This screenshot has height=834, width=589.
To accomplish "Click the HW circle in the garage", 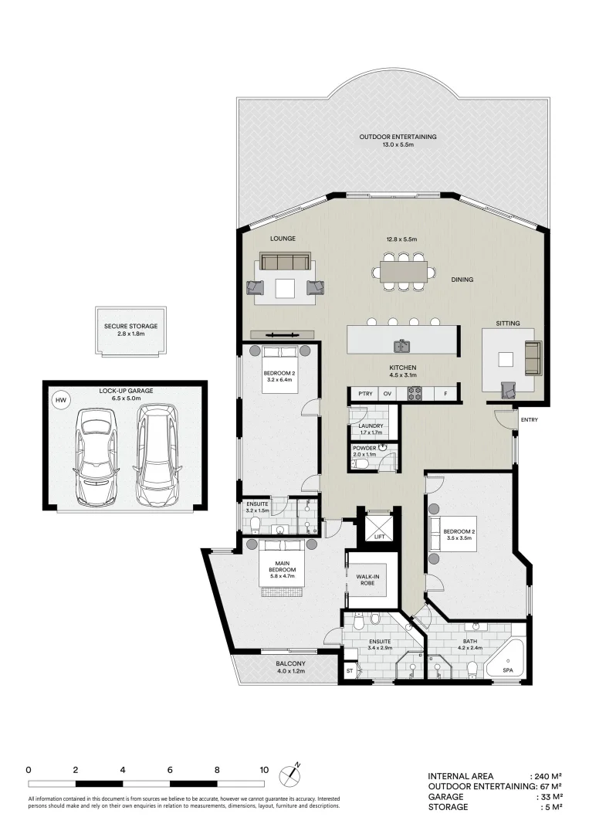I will (x=59, y=400).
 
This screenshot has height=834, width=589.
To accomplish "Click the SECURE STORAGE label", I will (x=130, y=327).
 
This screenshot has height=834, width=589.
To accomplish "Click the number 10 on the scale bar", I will (x=264, y=770).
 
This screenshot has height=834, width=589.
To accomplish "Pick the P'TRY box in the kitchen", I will (x=364, y=394).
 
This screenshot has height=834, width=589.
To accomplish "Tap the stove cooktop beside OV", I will (x=415, y=394).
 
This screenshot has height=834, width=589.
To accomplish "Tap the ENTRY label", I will (x=530, y=420).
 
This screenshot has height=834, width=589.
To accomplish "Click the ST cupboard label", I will (x=349, y=671).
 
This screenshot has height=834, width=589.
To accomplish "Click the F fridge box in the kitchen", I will (x=445, y=394).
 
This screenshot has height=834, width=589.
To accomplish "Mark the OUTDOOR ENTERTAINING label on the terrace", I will (x=398, y=137).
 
